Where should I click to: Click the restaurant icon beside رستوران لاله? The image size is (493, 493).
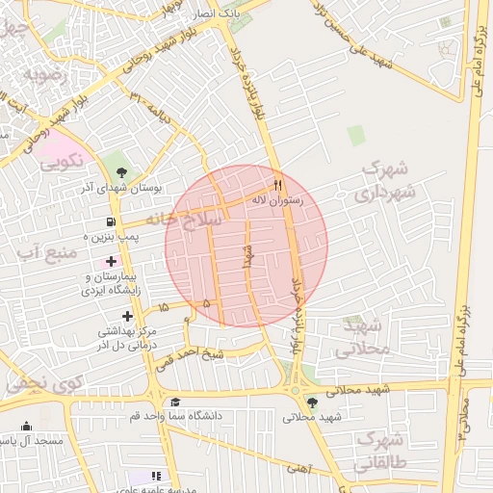[278, 184]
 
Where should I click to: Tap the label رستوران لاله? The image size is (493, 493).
[277, 199]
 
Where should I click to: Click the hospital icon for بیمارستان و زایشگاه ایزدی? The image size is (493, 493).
[112, 262]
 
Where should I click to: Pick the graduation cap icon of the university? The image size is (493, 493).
[174, 402]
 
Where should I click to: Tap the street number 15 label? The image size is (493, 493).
[163, 306]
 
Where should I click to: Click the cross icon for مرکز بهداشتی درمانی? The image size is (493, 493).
[127, 316]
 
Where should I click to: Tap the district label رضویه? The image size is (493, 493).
[46, 72]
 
